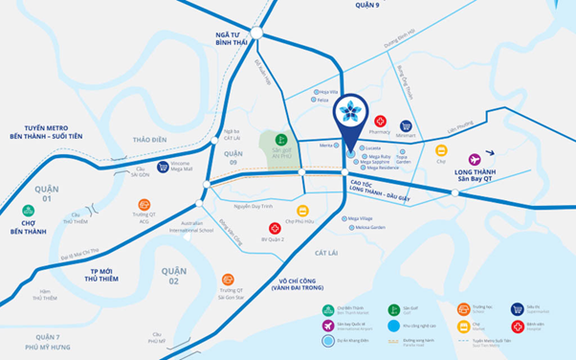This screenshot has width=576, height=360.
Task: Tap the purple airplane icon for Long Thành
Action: (475, 159)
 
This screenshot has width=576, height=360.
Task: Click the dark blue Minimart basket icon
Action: (407, 125)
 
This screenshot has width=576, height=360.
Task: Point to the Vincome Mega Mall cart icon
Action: (163, 167)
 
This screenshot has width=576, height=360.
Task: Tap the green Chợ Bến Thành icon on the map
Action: (29, 211)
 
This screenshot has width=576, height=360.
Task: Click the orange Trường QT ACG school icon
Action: (144, 205)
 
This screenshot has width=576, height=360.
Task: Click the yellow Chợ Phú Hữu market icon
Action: (303, 212)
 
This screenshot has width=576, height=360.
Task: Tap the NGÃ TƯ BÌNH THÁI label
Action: (232, 38)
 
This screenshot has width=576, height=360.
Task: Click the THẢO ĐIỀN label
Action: (150, 140)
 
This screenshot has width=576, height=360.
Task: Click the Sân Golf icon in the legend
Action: (393, 309)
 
